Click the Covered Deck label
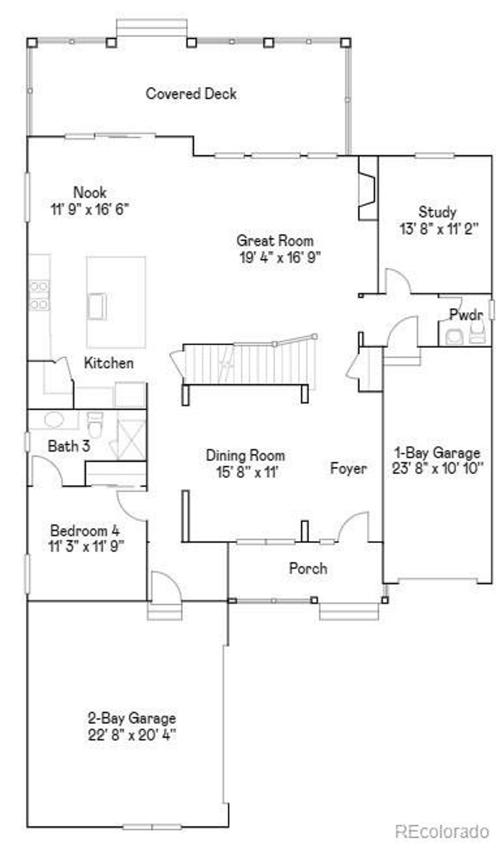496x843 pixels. pyautogui.click(x=191, y=94)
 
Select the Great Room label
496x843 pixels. pyautogui.click(x=275, y=240)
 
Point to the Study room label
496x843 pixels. pyautogui.click(x=437, y=212)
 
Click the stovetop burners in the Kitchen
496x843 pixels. pyautogui.click(x=40, y=295)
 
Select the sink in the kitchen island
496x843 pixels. pyautogui.click(x=96, y=306)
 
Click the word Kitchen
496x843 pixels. pyautogui.click(x=109, y=363)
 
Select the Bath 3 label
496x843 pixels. pyautogui.click(x=69, y=446)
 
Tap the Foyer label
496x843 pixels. pyautogui.click(x=348, y=469)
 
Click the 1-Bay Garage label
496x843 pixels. pyautogui.click(x=437, y=453)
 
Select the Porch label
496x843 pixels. pyautogui.click(x=308, y=568)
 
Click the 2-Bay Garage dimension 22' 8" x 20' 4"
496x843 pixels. pyautogui.click(x=132, y=735)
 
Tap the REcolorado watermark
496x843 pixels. pyautogui.click(x=442, y=831)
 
